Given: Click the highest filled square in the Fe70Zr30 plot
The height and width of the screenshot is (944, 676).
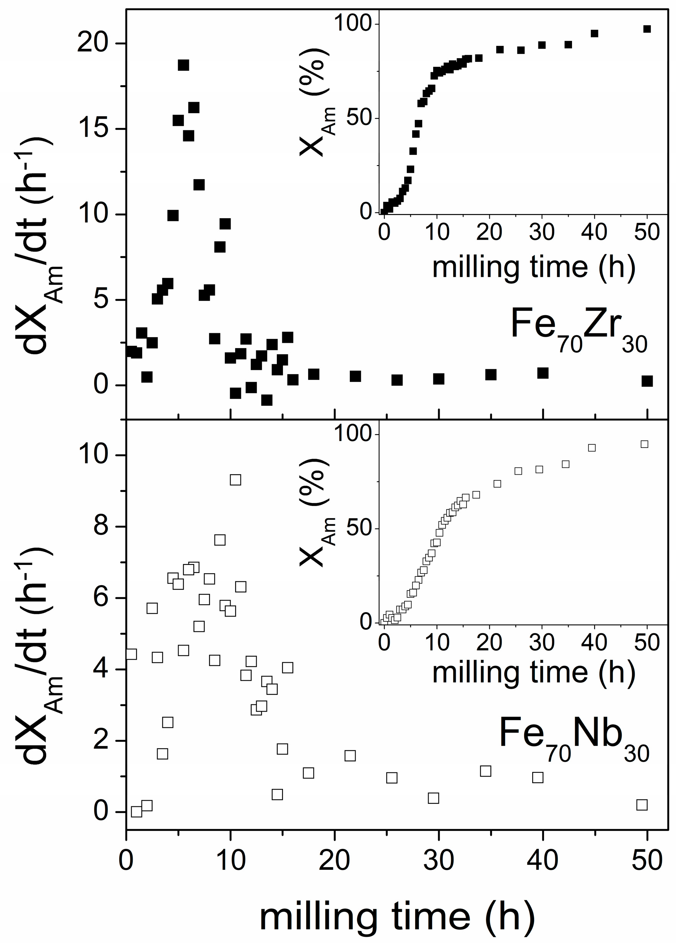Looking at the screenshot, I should (183, 65).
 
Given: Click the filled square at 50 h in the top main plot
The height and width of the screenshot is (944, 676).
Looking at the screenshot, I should (647, 381).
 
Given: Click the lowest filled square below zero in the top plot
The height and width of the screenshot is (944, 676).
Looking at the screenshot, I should (267, 400).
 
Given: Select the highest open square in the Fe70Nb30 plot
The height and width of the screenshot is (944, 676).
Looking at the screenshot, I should (236, 480).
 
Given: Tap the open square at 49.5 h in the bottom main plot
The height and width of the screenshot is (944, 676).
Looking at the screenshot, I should (642, 805).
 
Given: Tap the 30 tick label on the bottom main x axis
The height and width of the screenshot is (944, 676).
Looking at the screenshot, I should (438, 860).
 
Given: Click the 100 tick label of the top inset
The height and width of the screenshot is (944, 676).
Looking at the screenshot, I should (353, 23).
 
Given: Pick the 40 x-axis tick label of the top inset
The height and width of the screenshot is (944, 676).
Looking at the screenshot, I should (594, 232).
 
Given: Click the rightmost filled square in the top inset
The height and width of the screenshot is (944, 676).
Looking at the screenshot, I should (647, 29).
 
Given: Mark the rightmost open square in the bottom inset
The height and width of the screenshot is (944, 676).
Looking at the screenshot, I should (644, 444).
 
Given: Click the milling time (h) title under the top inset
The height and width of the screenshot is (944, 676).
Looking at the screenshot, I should (534, 267).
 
